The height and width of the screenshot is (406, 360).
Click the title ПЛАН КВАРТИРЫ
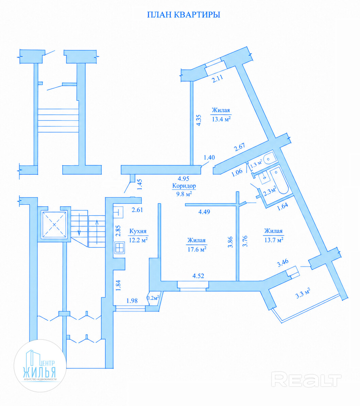point(184,15)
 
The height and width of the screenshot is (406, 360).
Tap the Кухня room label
point(138,231)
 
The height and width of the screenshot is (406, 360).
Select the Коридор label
point(184,186)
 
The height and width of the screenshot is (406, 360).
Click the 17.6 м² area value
point(197,249)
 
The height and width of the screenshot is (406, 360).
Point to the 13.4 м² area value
point(221,119)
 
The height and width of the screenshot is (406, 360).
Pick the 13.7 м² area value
point(274,240)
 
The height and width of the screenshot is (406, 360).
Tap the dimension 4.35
point(199,120)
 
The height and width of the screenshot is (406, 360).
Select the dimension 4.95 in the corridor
point(183,179)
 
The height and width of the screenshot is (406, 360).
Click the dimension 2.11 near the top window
point(218,79)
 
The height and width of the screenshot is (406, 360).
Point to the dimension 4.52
point(198,276)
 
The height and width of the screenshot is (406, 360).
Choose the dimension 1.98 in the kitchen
point(132,301)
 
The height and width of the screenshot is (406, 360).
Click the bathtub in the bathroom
point(279,181)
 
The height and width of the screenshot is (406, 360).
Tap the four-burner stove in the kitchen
point(120,248)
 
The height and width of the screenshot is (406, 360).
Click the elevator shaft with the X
point(54,224)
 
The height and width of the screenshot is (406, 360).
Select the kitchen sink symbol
point(118,212)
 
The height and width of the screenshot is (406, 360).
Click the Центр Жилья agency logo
point(40,366)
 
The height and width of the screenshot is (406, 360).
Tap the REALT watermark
point(306,379)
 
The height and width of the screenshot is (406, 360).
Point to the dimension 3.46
point(282,263)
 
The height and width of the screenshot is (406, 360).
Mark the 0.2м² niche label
point(153,298)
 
